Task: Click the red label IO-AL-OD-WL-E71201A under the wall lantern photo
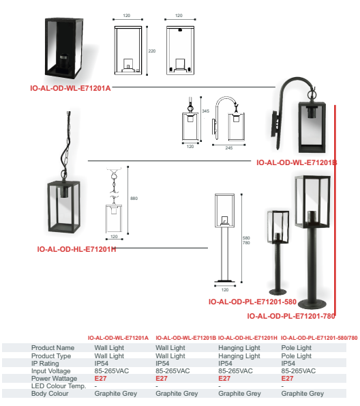pyautogui.click(x=70, y=88)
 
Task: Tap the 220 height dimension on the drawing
pyautogui.click(x=152, y=51)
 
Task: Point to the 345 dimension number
pyautogui.click(x=205, y=111)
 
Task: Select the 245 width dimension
pyautogui.click(x=229, y=148)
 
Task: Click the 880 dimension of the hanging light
pyautogui.click(x=134, y=199)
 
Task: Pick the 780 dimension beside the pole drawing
pyautogui.click(x=246, y=243)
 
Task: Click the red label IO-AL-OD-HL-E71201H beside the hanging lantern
pyautogui.click(x=76, y=249)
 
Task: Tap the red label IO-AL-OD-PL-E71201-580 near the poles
pyautogui.click(x=252, y=302)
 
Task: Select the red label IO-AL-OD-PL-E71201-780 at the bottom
pyautogui.click(x=291, y=316)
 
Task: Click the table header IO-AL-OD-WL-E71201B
pyautogui.click(x=185, y=338)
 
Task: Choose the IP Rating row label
pyautogui.click(x=45, y=364)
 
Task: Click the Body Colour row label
pyautogui.click(x=50, y=394)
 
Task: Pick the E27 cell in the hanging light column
pyautogui.click(x=224, y=379)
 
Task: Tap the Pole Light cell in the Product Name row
pyautogui.click(x=297, y=348)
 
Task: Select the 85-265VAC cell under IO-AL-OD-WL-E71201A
pyautogui.click(x=112, y=371)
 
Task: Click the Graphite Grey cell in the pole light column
pyautogui.click(x=302, y=394)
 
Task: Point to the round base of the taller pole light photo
pyautogui.click(x=312, y=304)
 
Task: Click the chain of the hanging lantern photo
pyautogui.click(x=67, y=145)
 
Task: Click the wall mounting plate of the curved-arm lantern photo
pyautogui.click(x=275, y=128)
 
